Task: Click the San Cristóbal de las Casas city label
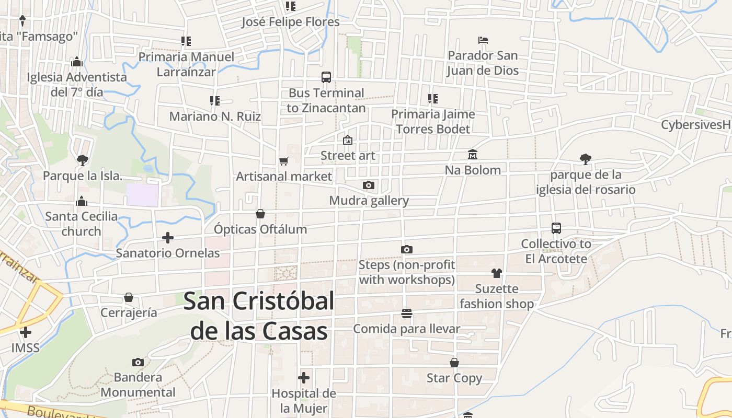[259, 316]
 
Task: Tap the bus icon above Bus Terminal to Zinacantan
[326, 77]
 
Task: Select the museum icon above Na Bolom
[473, 154]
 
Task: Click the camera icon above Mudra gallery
[369, 185]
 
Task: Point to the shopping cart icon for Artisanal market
[283, 161]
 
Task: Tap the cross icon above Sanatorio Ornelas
[168, 238]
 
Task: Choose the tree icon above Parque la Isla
[82, 160]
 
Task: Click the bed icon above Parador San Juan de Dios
[483, 40]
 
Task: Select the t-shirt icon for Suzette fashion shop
[496, 273]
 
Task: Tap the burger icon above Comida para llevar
[407, 313]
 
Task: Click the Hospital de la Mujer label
[304, 401]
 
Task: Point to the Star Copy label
[454, 378]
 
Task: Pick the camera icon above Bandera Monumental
[138, 362]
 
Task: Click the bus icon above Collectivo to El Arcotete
[556, 228]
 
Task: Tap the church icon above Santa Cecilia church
[81, 201]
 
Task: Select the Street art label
[348, 156]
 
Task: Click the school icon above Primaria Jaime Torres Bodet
[433, 98]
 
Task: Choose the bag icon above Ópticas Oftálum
[260, 214]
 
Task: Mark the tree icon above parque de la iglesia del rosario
[586, 159]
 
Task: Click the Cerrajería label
[129, 312]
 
